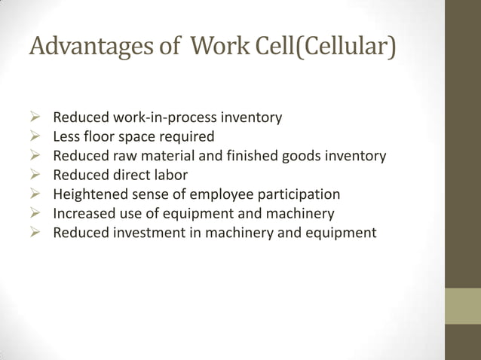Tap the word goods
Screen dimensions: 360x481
pos(301,156)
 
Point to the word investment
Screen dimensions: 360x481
pos(146,233)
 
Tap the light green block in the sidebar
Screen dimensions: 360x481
pos(462,306)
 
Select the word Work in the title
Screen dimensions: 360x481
pos(219,47)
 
